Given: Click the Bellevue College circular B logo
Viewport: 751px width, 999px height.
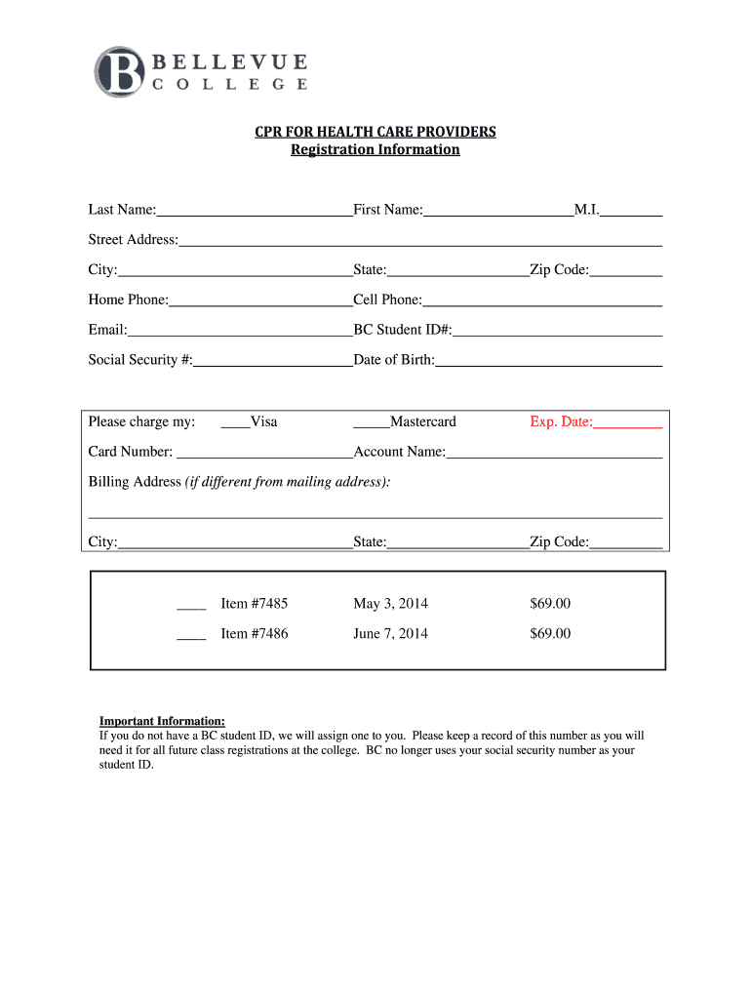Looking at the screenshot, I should tap(120, 71).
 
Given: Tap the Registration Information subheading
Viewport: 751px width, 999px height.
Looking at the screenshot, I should tap(375, 150).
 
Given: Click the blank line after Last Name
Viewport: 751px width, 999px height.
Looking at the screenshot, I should tap(255, 212).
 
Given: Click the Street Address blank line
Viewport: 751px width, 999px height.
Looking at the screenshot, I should tap(420, 242).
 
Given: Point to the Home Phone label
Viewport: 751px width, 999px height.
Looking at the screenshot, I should tap(128, 300).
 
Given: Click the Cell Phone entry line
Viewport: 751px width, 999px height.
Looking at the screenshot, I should tap(542, 302).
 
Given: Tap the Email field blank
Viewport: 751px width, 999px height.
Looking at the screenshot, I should tap(240, 333).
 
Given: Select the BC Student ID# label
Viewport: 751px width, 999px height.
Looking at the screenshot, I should tap(402, 330).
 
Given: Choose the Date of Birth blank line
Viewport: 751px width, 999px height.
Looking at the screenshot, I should tap(548, 363).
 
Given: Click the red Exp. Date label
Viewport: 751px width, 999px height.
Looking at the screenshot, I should tap(561, 422).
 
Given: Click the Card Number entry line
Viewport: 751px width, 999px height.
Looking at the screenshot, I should tap(263, 455).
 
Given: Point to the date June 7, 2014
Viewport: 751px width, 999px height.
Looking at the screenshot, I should tap(390, 634).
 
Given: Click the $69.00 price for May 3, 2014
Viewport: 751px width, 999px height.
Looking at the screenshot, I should tap(550, 604).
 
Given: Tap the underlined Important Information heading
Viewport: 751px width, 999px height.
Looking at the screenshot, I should tap(162, 721).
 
